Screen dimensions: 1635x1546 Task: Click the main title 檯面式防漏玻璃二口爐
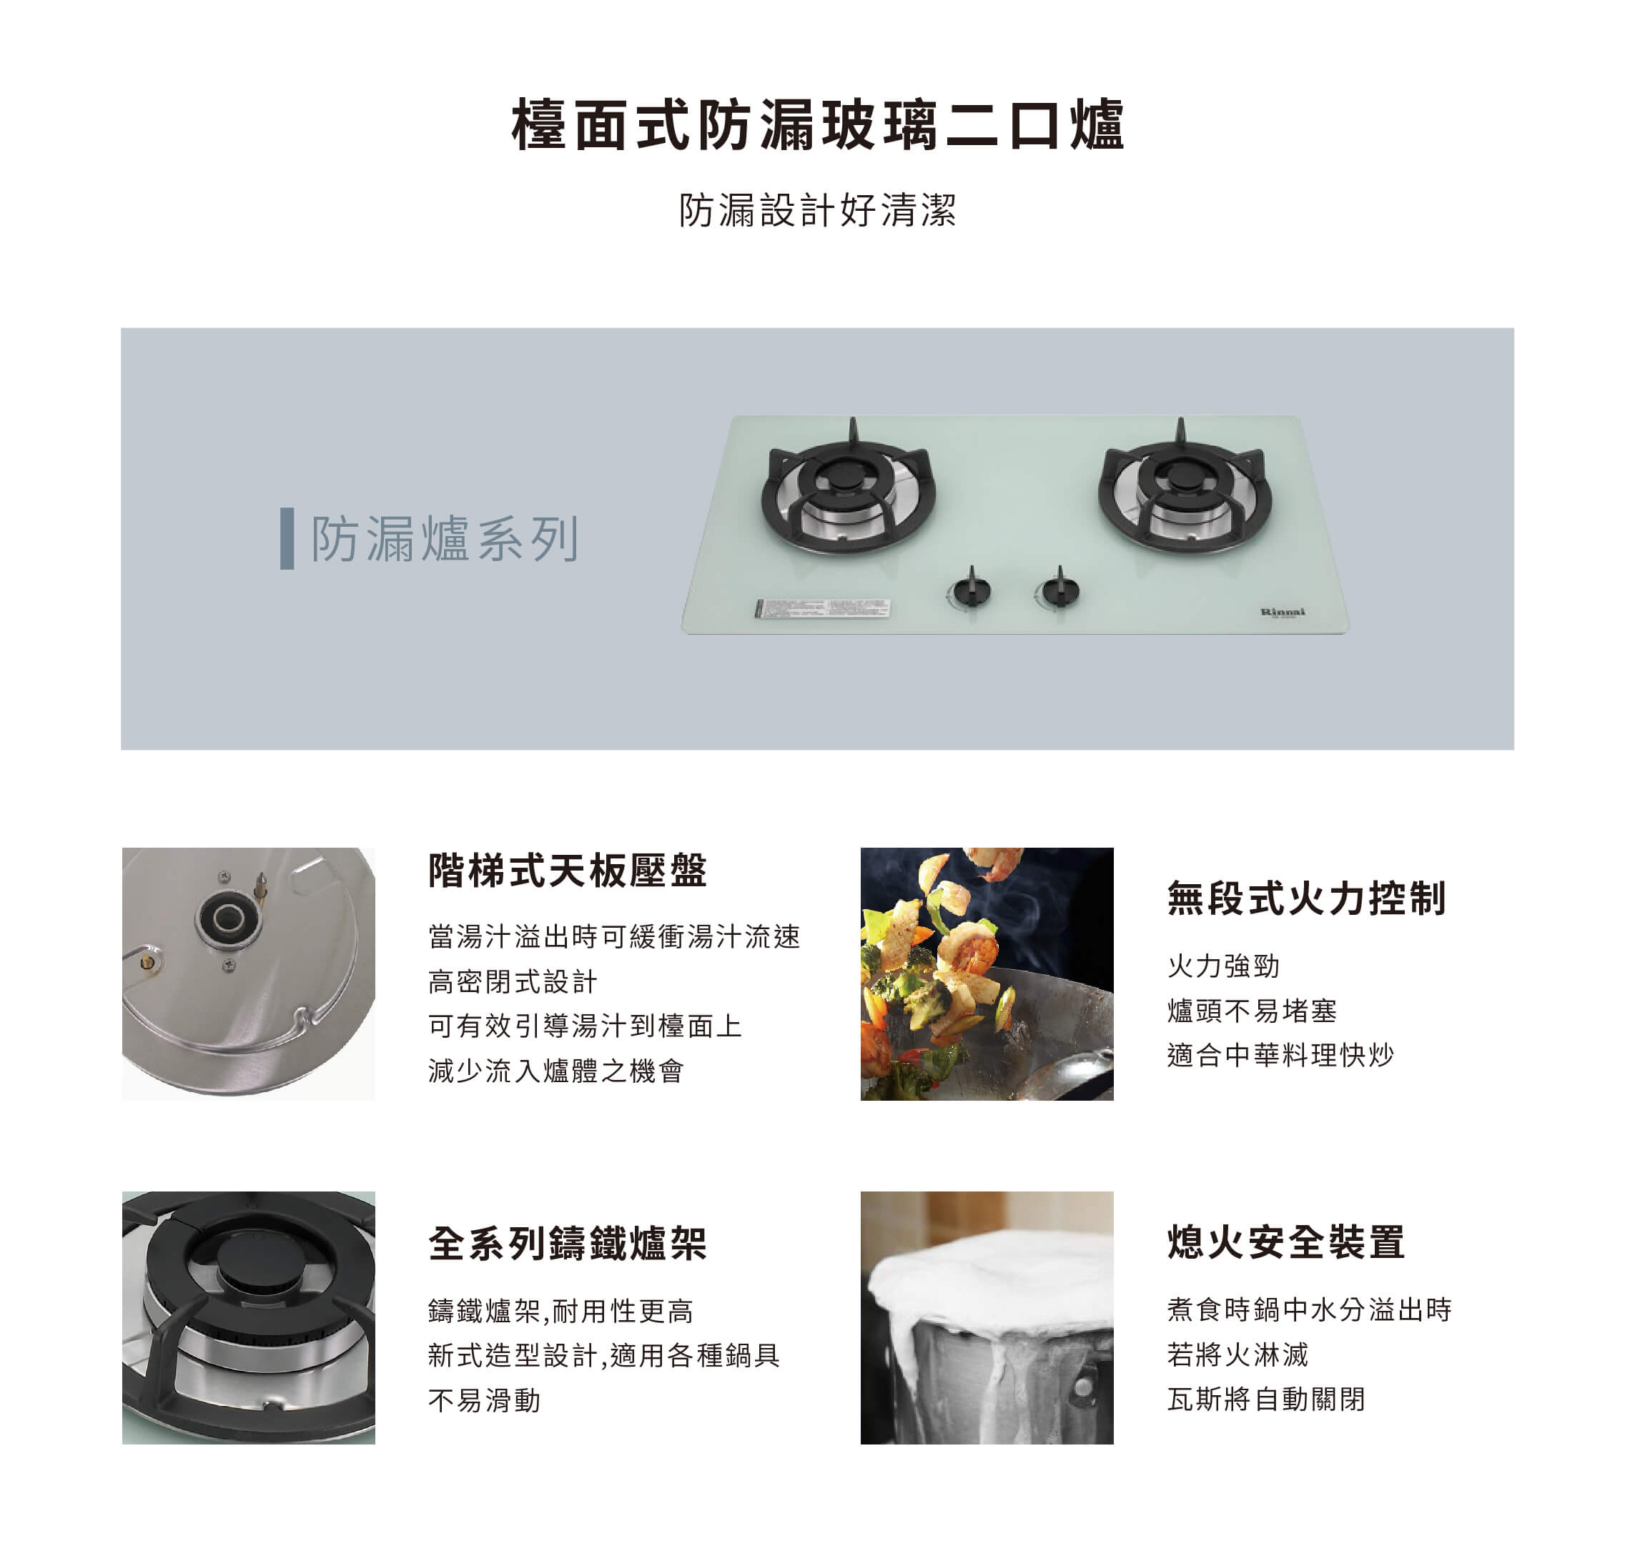pyautogui.click(x=818, y=125)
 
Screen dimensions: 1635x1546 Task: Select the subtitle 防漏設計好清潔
pyautogui.click(x=818, y=210)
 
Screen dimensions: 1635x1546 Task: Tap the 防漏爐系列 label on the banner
pyautogui.click(x=445, y=539)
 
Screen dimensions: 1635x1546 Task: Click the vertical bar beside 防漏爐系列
pyautogui.click(x=287, y=538)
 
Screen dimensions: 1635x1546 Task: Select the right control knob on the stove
pyautogui.click(x=1059, y=589)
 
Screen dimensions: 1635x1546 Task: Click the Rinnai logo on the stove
pyautogui.click(x=1283, y=613)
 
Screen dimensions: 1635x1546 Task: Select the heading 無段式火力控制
pyautogui.click(x=1306, y=898)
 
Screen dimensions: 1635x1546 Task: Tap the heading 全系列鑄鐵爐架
pyautogui.click(x=568, y=1244)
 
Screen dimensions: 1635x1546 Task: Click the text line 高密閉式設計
pyautogui.click(x=513, y=981)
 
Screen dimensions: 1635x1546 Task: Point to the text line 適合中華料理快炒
pyautogui.click(x=1280, y=1055)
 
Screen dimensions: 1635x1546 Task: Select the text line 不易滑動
pyautogui.click(x=485, y=1400)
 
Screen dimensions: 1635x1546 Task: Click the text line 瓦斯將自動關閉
pyautogui.click(x=1267, y=1399)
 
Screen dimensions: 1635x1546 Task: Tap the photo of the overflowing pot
pyautogui.click(x=987, y=1318)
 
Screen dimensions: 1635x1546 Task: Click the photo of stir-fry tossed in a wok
pyautogui.click(x=987, y=974)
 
